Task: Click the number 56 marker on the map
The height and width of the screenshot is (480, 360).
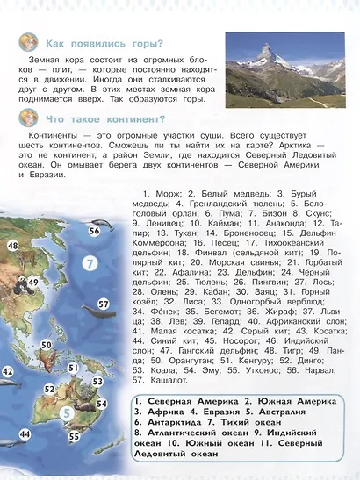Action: [94, 231]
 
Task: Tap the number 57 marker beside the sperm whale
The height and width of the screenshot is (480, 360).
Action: [103, 304]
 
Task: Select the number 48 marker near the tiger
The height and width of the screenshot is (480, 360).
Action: [12, 247]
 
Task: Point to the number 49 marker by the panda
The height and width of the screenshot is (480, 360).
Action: [32, 282]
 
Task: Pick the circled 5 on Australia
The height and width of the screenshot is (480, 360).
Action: [67, 413]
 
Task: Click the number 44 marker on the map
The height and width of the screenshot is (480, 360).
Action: [25, 434]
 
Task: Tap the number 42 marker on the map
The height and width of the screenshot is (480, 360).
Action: [7, 372]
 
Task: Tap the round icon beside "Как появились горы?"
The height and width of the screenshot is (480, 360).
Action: [27, 41]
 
